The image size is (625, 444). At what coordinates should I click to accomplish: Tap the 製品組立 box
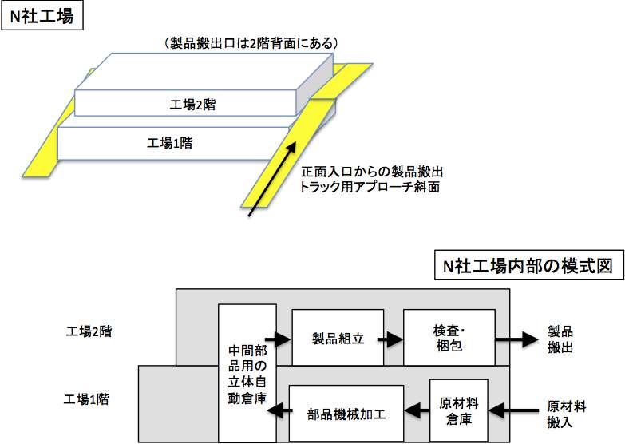coord(338,339)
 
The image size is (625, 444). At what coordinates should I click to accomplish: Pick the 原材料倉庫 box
coord(458,409)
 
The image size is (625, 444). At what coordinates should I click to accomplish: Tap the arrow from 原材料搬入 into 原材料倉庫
coord(511,410)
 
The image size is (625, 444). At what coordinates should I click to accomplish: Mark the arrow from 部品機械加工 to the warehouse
coord(276,412)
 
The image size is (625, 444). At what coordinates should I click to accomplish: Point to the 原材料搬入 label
coord(567,414)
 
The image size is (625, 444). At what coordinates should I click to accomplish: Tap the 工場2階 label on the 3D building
coord(192,104)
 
